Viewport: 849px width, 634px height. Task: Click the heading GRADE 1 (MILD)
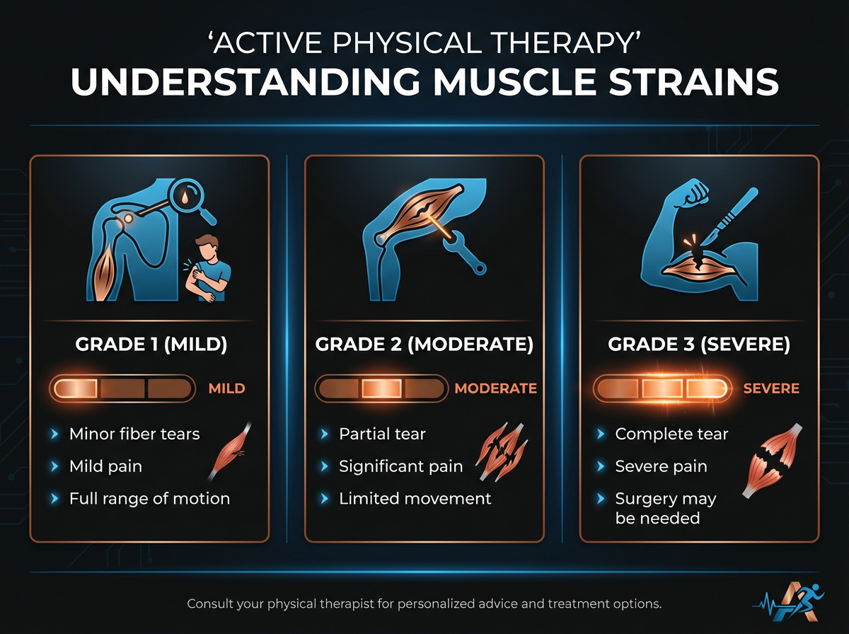pos(149,345)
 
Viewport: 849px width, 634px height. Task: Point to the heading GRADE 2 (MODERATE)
pos(424,345)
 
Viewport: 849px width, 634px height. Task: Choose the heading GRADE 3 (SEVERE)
pos(698,345)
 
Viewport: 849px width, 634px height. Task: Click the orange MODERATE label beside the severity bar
pos(495,388)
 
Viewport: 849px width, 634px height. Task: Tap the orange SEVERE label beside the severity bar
pos(771,388)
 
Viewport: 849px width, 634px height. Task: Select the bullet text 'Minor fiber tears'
pos(134,434)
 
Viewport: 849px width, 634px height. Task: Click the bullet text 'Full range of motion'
pos(149,498)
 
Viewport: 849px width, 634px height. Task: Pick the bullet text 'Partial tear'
pos(382,434)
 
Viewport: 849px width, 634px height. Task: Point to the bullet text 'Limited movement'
pos(415,498)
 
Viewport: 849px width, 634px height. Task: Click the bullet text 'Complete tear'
pos(671,434)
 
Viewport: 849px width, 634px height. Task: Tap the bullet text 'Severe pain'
pos(661,466)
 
